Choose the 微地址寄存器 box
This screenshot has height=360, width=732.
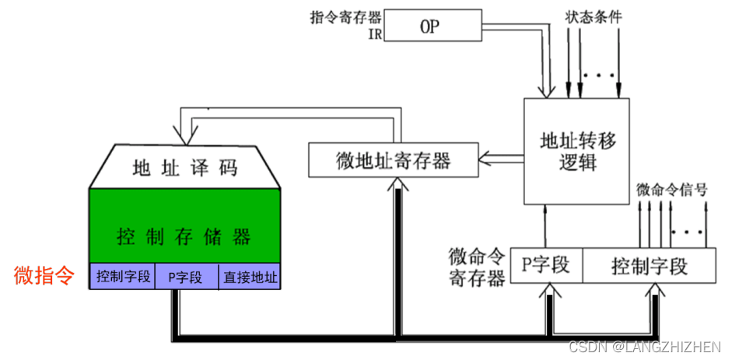[393, 161]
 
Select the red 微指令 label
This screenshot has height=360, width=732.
[44, 275]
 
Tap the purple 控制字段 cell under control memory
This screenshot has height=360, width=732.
[123, 276]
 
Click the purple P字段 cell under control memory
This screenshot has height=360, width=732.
[185, 276]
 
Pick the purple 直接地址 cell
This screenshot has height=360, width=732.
[250, 276]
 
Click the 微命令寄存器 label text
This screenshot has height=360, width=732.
[476, 267]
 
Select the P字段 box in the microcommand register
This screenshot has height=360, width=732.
[545, 266]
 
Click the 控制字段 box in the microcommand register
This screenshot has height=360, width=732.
[649, 266]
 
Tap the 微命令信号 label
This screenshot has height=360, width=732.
[671, 189]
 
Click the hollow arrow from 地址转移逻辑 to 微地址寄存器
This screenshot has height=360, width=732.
[492, 159]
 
